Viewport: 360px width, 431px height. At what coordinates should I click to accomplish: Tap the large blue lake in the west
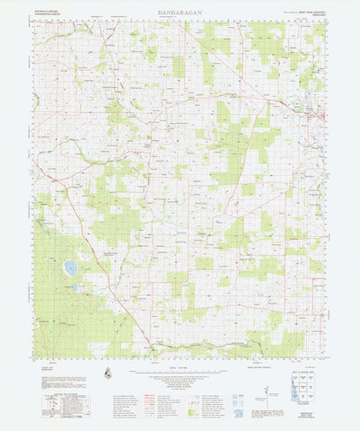click(70, 268)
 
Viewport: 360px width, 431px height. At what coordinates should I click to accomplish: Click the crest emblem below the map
click(109, 374)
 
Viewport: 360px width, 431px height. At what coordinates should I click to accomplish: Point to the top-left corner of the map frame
click(35, 22)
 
